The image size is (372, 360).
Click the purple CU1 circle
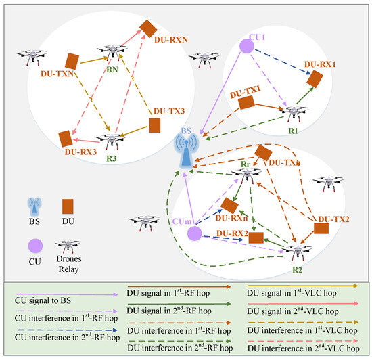(246, 46)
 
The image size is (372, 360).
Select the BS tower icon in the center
(183, 150)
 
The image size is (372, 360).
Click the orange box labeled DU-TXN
(73, 62)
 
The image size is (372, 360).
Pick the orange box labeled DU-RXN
(148, 28)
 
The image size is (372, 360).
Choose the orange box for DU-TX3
(155, 126)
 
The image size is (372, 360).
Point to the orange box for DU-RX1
(315, 78)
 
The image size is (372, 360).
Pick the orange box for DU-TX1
(247, 102)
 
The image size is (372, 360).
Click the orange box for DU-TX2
(321, 227)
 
